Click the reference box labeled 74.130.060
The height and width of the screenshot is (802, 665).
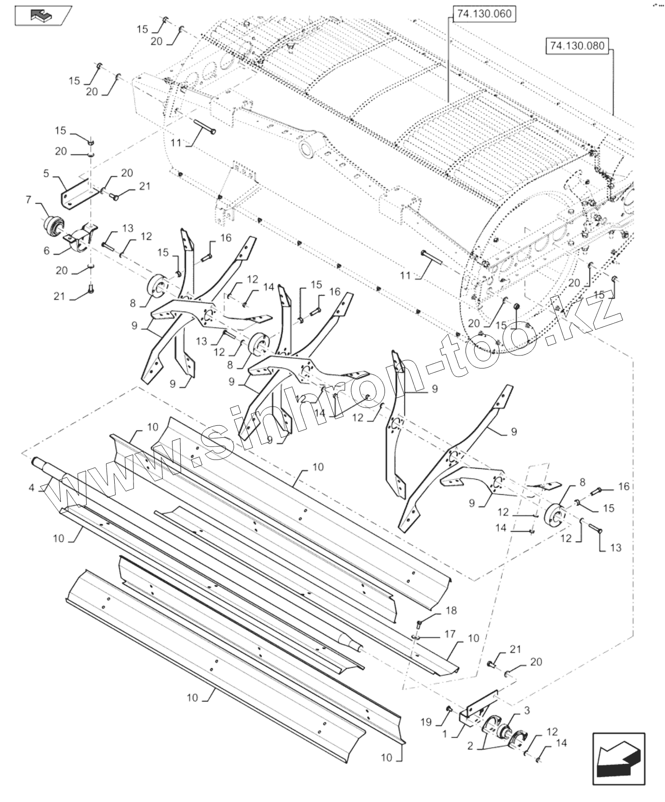483,14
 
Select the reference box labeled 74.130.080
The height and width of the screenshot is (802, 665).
577,46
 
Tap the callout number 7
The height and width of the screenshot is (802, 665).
28,199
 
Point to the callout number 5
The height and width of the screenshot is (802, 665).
46,173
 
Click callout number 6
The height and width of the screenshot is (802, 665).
47,250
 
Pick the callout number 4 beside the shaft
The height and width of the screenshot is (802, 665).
31,488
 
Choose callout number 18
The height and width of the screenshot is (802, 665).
451,611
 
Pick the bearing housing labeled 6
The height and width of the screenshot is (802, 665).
81,237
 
